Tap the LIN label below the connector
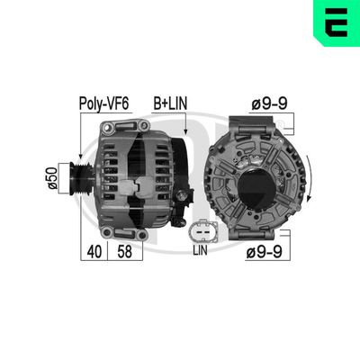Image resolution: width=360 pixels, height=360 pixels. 201,255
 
